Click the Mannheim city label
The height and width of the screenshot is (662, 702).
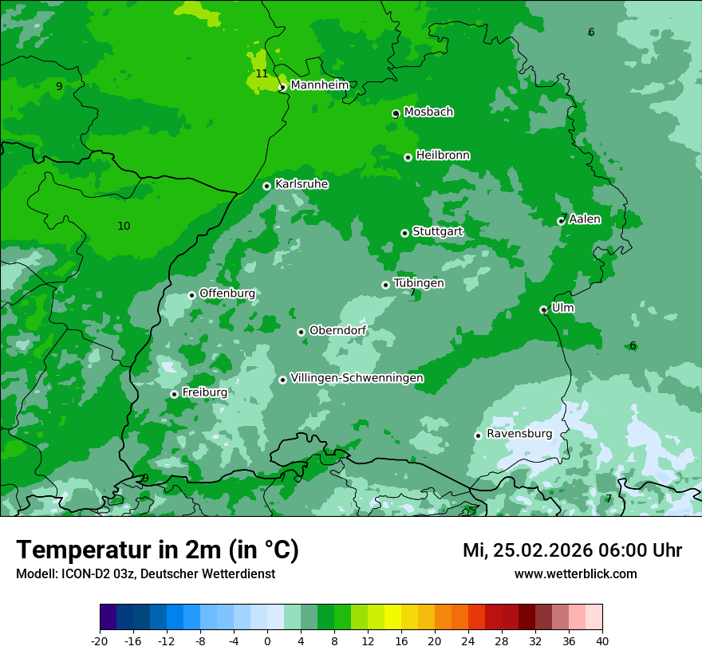(x=320, y=85)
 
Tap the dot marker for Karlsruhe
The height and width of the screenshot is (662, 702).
(x=266, y=186)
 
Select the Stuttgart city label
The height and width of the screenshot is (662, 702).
(x=437, y=232)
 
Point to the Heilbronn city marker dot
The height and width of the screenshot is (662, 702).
(x=408, y=157)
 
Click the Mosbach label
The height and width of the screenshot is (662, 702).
(x=428, y=112)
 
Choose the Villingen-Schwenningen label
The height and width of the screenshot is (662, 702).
(x=357, y=378)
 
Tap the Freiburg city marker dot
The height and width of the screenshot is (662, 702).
(x=174, y=394)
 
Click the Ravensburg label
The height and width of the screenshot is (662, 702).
(x=519, y=434)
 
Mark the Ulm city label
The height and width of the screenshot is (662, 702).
(x=562, y=308)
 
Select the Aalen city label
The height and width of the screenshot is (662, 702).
(x=585, y=219)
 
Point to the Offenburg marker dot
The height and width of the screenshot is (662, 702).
(x=191, y=295)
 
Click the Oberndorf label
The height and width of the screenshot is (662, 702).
(x=337, y=330)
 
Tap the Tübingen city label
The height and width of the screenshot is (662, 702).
(x=419, y=283)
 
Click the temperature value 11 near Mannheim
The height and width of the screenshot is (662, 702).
(x=262, y=74)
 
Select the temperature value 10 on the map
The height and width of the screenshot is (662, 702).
(x=124, y=227)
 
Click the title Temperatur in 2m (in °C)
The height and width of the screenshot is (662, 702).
(x=157, y=550)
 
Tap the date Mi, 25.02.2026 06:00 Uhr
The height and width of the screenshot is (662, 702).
(x=572, y=550)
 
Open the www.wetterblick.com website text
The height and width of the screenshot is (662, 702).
(x=575, y=574)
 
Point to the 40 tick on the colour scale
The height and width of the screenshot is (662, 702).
(x=602, y=640)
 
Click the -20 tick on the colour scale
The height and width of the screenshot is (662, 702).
(x=100, y=640)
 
